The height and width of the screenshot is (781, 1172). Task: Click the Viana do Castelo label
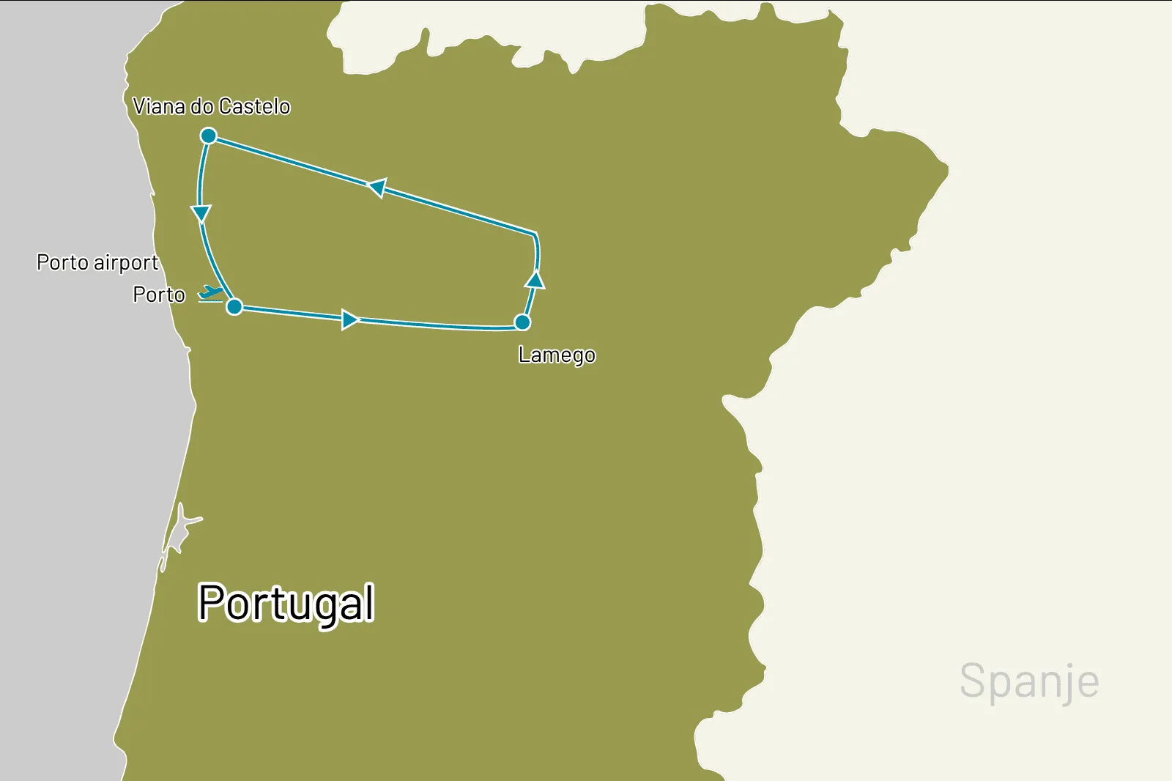point(211,107)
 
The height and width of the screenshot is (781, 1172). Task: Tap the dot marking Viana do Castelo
point(209,136)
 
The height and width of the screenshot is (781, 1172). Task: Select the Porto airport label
point(97,262)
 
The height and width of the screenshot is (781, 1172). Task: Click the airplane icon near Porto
point(211,293)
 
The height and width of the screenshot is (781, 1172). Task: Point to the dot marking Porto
point(234,306)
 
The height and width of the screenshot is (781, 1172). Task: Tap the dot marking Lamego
point(522,322)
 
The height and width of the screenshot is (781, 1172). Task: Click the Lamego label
point(557,355)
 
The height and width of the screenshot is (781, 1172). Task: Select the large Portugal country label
point(286,603)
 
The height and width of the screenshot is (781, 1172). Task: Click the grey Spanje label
point(1029,681)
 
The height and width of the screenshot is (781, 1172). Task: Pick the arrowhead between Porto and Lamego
point(350,319)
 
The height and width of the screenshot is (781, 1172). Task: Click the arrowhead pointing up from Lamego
point(535,280)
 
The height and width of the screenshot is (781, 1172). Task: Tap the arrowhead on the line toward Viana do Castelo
point(377,188)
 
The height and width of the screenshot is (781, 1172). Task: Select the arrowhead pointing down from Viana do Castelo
point(201,213)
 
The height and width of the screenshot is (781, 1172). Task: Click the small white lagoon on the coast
point(178,529)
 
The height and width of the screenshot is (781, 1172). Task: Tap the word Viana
point(159,107)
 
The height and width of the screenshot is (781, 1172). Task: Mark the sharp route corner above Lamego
point(535,234)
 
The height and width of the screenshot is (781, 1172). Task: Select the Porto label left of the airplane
point(159,295)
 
